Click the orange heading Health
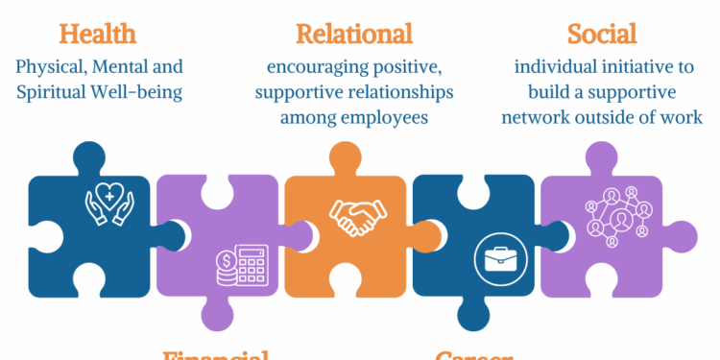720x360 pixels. [x=97, y=34]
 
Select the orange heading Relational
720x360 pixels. [x=354, y=34]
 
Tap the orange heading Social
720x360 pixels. [x=602, y=34]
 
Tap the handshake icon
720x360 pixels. [x=354, y=218]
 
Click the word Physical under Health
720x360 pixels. [x=50, y=68]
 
